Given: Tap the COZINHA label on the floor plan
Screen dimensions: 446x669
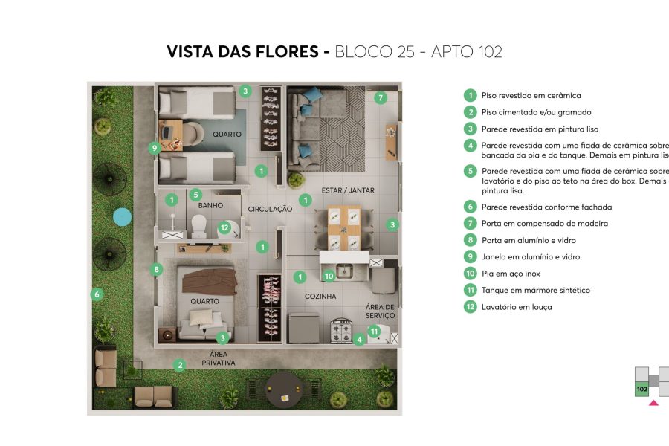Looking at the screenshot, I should (320, 296).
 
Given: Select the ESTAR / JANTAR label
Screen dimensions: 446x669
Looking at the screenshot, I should (347, 190).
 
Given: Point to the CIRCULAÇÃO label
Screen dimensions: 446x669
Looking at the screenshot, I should (270, 210).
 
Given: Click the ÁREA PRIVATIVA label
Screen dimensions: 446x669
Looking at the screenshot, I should (218, 359).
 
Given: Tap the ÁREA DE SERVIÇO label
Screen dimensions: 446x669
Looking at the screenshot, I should (380, 311).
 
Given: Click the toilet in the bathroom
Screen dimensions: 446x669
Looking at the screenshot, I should (198, 224).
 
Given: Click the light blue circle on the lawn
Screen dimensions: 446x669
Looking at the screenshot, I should (122, 217).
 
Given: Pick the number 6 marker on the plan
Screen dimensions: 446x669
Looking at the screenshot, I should (96, 294).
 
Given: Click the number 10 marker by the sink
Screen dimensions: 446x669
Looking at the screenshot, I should (329, 276).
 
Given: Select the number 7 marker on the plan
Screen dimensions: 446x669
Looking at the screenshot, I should (380, 97).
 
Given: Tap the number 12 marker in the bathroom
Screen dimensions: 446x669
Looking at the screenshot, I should (224, 228).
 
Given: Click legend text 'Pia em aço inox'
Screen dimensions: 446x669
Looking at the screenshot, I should (511, 274).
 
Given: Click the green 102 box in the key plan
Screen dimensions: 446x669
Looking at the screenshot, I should (641, 389).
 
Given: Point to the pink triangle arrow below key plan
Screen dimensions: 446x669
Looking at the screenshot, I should (653, 403).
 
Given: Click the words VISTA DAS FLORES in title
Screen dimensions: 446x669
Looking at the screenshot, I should (243, 52).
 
